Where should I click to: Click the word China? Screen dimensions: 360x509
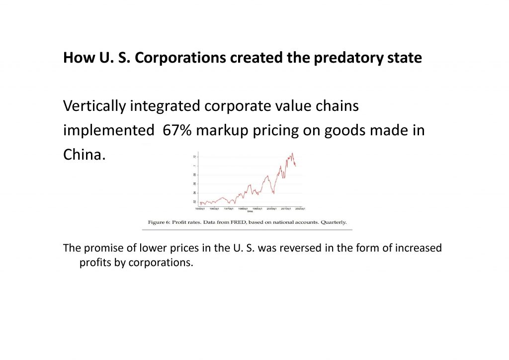pos(84,155)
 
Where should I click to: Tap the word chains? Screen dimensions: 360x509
pos(336,106)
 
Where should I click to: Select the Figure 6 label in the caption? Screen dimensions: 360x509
pos(160,222)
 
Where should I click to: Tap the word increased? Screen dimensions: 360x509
pos(417,248)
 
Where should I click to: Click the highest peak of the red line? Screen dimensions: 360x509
pos(292,153)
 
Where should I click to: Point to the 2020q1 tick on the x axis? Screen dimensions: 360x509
pos(300,209)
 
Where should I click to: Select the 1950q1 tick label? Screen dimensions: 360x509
pos(201,209)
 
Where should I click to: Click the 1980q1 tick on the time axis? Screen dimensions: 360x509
pos(243,209)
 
